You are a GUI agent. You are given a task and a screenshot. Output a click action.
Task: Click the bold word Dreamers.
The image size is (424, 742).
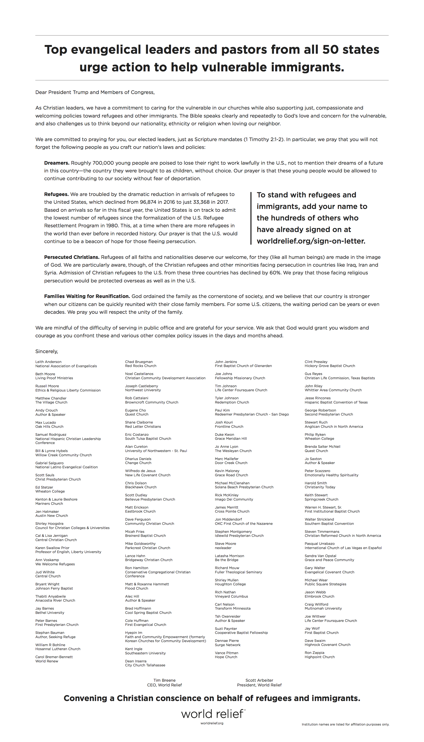[57, 163]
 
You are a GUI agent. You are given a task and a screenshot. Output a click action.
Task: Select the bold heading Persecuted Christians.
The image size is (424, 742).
[72, 257]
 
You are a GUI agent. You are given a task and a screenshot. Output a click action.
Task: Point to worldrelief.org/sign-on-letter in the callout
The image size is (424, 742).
[311, 241]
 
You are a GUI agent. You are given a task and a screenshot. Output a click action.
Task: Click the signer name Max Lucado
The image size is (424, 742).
[45, 423]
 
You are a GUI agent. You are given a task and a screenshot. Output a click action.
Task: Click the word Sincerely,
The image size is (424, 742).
[47, 351]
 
